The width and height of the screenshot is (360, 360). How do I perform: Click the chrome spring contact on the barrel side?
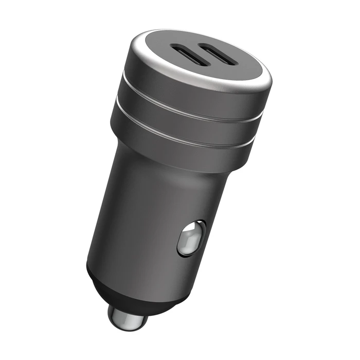click(x=191, y=238)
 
